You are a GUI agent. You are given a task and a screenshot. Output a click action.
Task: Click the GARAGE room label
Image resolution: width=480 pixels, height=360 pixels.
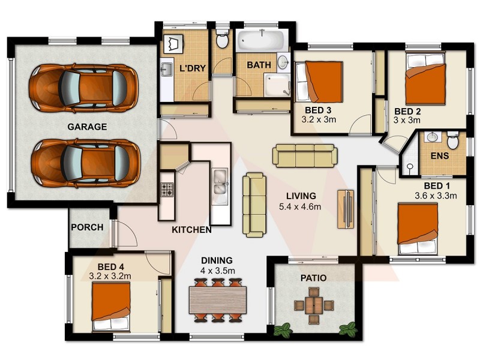pyautogui.click(x=87, y=127)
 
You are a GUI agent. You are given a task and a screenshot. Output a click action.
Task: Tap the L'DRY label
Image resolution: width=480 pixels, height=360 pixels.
pyautogui.click(x=193, y=68)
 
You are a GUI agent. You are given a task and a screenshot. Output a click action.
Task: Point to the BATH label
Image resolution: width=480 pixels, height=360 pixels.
pyautogui.click(x=259, y=65)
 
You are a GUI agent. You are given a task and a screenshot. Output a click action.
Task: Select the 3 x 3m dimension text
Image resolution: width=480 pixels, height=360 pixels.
pyautogui.click(x=406, y=121)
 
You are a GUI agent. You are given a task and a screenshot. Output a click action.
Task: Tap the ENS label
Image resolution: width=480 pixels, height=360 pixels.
pyautogui.click(x=439, y=155)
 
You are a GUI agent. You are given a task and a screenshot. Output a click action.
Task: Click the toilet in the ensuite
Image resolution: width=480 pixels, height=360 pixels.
pyautogui.click(x=453, y=140)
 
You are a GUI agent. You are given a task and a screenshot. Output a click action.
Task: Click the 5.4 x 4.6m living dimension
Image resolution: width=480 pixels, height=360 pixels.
pyautogui.click(x=301, y=207)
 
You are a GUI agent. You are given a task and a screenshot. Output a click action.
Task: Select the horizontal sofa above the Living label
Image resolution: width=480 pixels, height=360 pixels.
pyautogui.click(x=305, y=155)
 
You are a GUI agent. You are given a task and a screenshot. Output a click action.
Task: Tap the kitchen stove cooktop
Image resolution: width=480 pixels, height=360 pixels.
pyautogui.click(x=166, y=190)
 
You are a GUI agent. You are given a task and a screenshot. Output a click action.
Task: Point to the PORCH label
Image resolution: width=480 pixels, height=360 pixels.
pyautogui.click(x=87, y=227)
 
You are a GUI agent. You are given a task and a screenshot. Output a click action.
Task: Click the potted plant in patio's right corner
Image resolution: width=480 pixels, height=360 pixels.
pyautogui.click(x=347, y=329)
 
